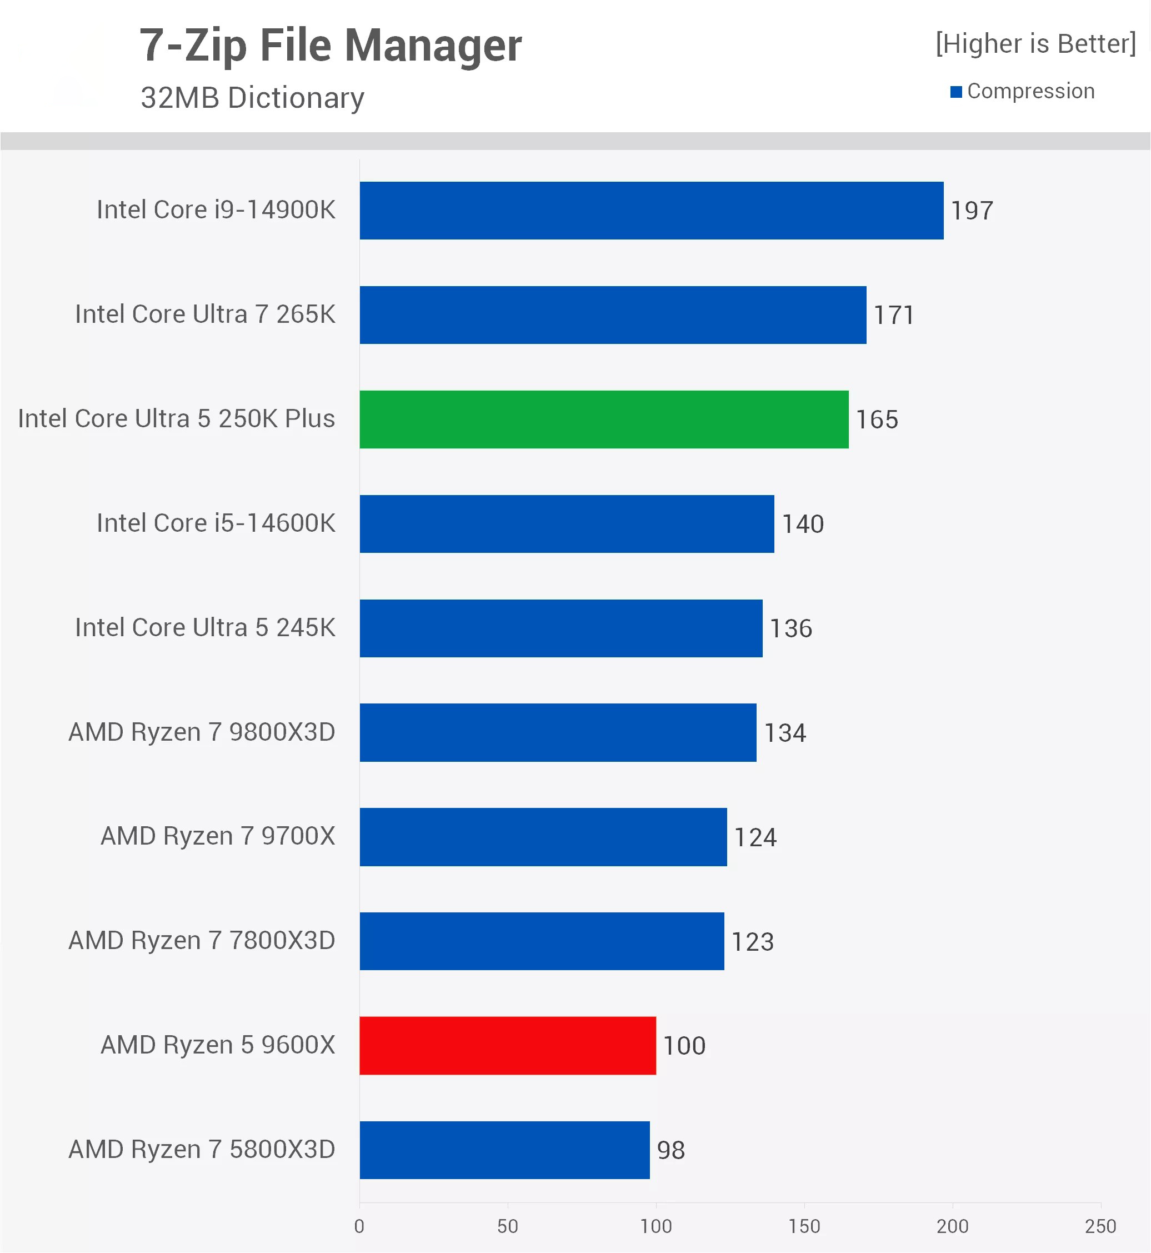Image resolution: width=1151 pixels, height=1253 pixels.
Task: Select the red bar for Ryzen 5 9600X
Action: pyautogui.click(x=508, y=1046)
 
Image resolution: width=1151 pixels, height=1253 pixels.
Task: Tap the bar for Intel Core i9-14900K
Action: pyautogui.click(x=652, y=211)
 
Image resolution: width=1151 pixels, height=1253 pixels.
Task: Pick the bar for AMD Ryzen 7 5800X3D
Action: pyautogui.click(x=504, y=1150)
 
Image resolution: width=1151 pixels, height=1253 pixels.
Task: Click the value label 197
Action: pyautogui.click(x=972, y=211)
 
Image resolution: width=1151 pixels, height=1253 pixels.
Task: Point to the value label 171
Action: pyautogui.click(x=894, y=315)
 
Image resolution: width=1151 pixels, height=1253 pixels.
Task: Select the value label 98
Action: pyautogui.click(x=671, y=1150)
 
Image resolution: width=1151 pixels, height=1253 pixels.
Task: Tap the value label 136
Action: pyautogui.click(x=791, y=628)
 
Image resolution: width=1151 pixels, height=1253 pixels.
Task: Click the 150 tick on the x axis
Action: pyautogui.click(x=804, y=1226)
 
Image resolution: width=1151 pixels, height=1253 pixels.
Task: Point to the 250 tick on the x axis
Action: pyautogui.click(x=1100, y=1226)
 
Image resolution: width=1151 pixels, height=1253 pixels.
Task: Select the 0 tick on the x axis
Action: pyautogui.click(x=359, y=1226)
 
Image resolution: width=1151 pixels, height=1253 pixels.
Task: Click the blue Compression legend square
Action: pyautogui.click(x=956, y=92)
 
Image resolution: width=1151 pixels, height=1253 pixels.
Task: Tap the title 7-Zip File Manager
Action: pyautogui.click(x=330, y=46)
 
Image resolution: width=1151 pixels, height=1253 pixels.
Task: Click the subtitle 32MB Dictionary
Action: pyautogui.click(x=252, y=98)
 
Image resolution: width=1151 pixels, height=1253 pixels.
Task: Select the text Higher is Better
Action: pyautogui.click(x=1036, y=43)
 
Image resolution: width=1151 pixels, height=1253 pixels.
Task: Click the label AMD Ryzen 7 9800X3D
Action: pyautogui.click(x=202, y=732)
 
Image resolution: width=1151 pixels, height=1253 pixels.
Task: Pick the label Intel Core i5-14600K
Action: pyautogui.click(x=216, y=523)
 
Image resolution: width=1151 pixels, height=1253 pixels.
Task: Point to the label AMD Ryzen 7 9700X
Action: pyautogui.click(x=218, y=836)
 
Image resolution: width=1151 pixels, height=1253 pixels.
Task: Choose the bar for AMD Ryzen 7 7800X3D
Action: pyautogui.click(x=542, y=941)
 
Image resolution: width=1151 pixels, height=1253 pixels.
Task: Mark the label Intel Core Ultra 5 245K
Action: pyautogui.click(x=206, y=627)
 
